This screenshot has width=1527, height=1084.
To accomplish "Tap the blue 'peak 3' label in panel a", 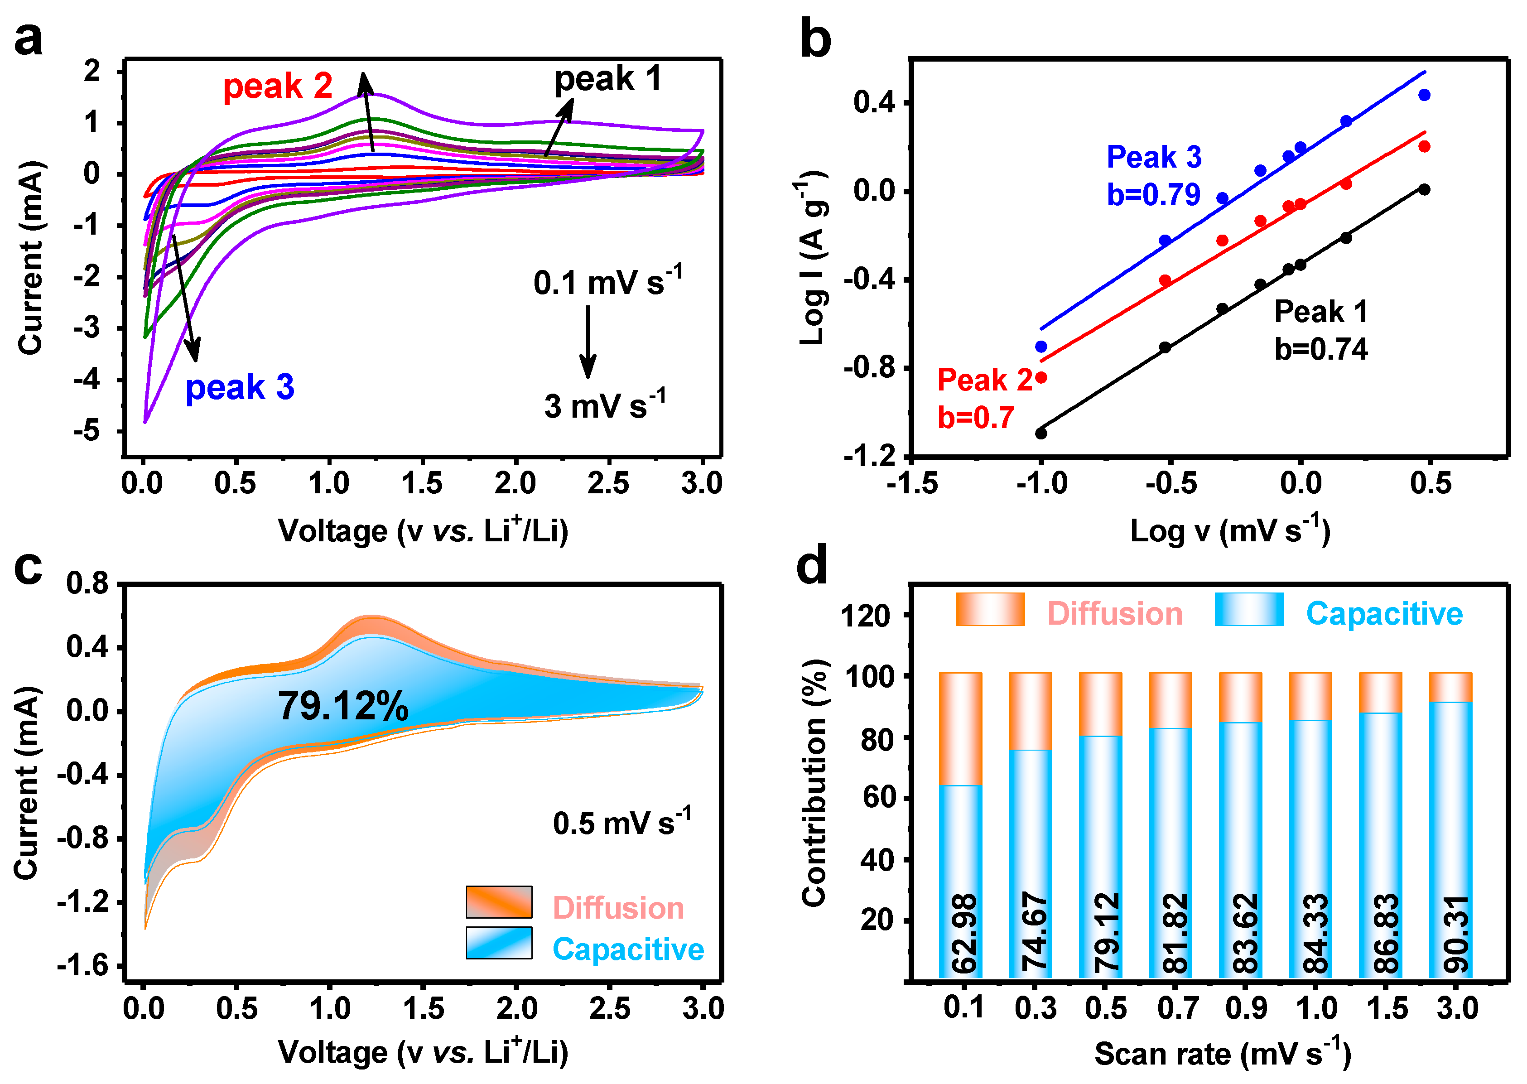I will pos(240,388).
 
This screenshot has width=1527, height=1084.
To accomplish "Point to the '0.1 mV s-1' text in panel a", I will pos(607,282).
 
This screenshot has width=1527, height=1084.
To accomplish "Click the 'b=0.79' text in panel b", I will pos(1153,195).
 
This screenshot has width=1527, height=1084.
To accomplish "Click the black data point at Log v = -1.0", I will pos(1041,433).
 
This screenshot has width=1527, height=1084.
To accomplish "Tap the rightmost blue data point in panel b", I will pos(1424,95).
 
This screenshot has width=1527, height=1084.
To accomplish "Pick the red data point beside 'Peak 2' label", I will pos(1041,378).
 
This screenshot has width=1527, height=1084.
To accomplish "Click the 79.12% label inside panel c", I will pos(343,706).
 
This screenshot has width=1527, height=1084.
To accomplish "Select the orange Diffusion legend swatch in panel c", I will pos(499,902).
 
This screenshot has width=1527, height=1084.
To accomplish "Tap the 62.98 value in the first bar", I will pos(964,933).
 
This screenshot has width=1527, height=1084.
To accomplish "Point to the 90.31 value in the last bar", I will pos(1455,933).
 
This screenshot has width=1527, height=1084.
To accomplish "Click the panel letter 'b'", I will pos(815,40).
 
